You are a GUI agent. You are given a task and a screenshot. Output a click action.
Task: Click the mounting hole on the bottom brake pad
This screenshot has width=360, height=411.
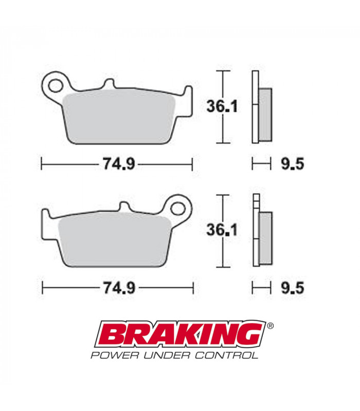178,208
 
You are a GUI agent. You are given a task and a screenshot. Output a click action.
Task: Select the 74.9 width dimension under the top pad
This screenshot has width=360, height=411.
117,164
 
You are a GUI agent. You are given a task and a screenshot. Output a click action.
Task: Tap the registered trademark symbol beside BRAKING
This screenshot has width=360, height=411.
271,326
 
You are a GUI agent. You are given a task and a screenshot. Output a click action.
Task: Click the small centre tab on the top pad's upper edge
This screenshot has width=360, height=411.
109,84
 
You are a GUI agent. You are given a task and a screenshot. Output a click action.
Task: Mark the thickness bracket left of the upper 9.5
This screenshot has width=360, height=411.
261,164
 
